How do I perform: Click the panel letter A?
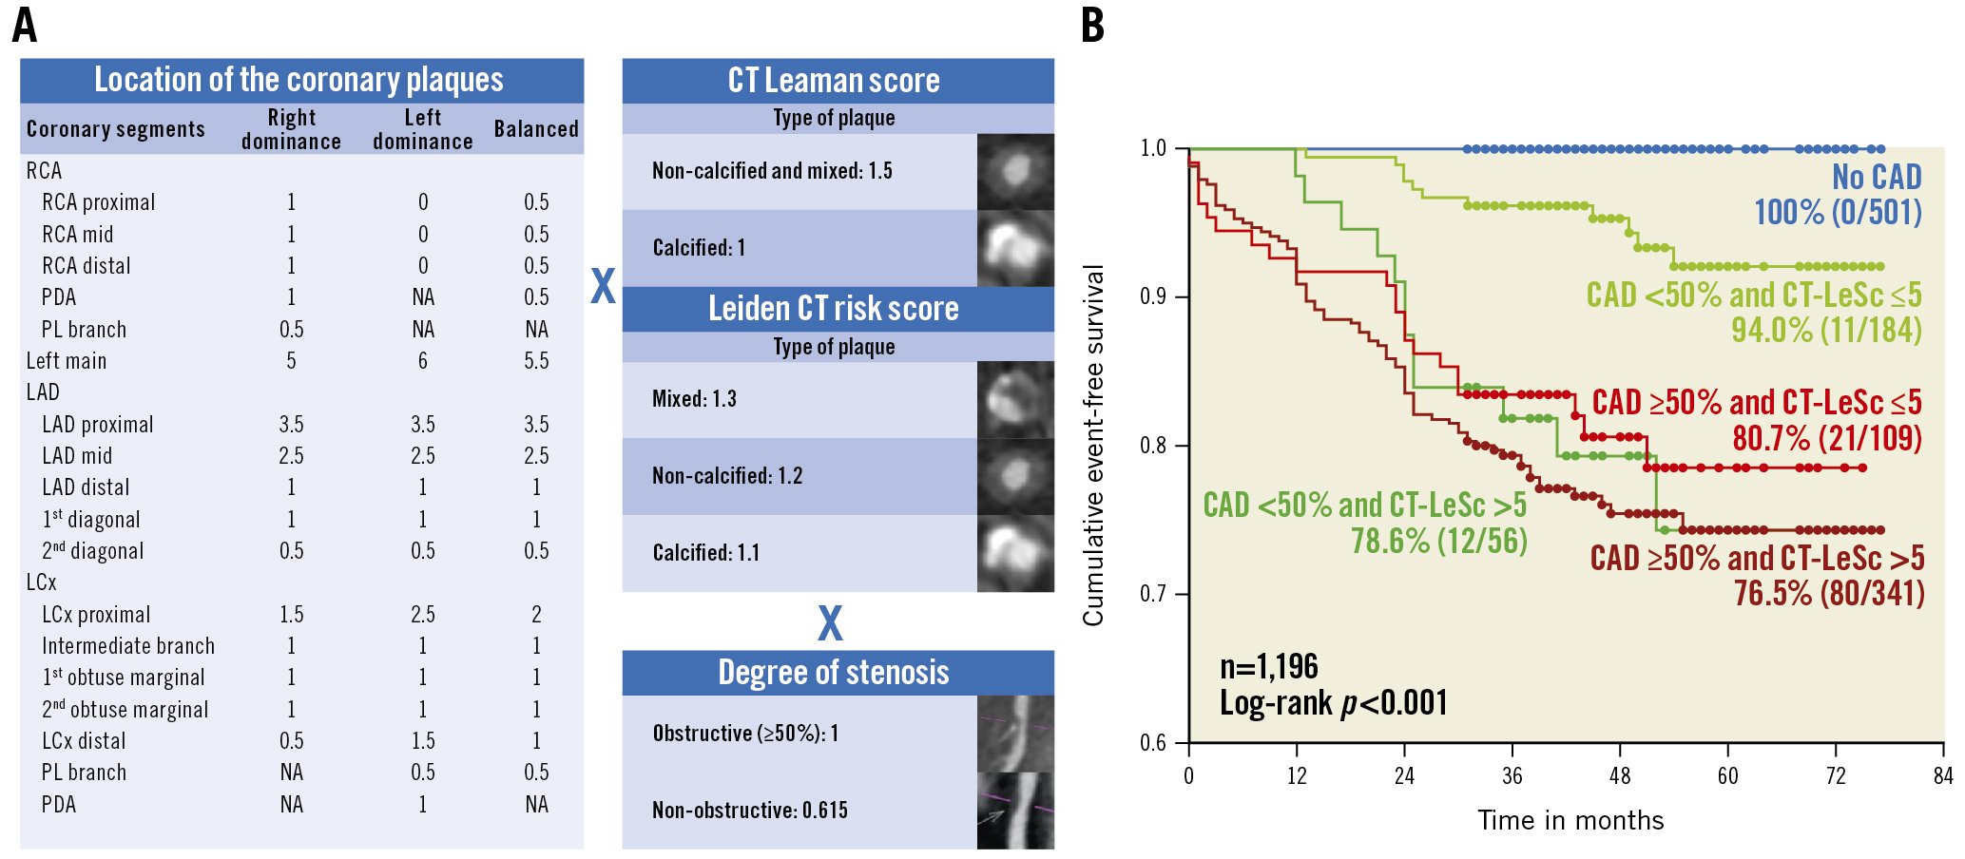click(25, 26)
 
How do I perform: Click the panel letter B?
click(1093, 26)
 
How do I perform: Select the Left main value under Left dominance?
click(423, 361)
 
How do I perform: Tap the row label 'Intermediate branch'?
click(128, 646)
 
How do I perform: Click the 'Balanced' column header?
click(536, 129)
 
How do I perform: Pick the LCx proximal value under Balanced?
click(536, 615)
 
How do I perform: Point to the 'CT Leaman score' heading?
click(834, 81)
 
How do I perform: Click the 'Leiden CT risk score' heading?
click(834, 309)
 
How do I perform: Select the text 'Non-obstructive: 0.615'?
click(750, 811)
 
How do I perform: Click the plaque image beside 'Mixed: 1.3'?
click(1015, 399)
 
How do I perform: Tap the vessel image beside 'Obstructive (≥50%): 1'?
click(1015, 734)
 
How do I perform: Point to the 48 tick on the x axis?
click(1620, 776)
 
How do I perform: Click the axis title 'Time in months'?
click(1570, 821)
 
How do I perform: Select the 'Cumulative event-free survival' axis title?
click(1094, 445)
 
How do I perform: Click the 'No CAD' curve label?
click(1877, 178)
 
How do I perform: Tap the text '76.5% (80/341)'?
click(1829, 594)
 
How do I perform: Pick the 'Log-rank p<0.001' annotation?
click(1334, 703)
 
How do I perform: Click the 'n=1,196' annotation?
click(1269, 667)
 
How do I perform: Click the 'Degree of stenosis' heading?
click(834, 673)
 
